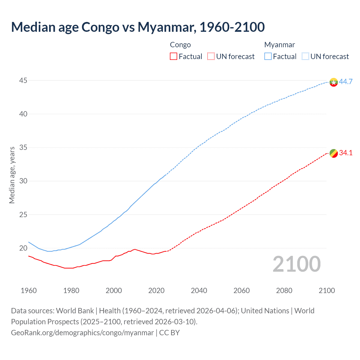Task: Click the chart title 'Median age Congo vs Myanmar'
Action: (x=138, y=27)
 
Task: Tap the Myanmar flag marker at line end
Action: (x=333, y=82)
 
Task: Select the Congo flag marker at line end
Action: (x=333, y=153)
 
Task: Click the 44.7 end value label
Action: (x=346, y=82)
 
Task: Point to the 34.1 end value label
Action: (x=346, y=153)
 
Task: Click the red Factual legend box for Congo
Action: (x=174, y=57)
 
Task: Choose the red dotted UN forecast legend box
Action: (x=211, y=57)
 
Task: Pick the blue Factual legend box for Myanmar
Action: (x=268, y=57)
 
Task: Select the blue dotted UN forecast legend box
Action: (x=305, y=57)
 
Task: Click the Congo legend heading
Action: (x=180, y=45)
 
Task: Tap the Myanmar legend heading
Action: (x=280, y=45)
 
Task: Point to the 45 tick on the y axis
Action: (x=23, y=81)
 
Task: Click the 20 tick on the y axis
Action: (x=23, y=248)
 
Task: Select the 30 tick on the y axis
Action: (x=23, y=181)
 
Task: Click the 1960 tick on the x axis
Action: (x=29, y=291)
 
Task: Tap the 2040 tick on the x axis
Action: (x=199, y=291)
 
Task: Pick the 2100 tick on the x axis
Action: (x=327, y=291)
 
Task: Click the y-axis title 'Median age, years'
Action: (x=12, y=175)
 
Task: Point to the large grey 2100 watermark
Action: (x=296, y=264)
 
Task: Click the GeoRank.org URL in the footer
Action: (x=82, y=333)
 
